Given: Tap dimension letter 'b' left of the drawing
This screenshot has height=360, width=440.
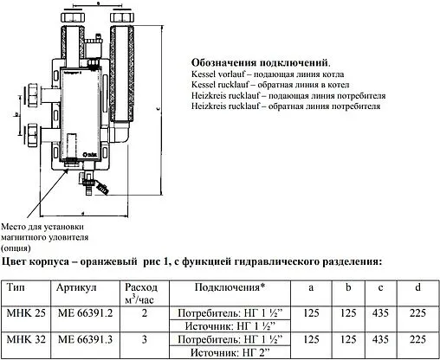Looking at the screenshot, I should point(18,113).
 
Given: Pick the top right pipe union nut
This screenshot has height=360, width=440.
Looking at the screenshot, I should point(120,17).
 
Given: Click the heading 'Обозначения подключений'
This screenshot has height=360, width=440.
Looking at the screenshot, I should point(257,64).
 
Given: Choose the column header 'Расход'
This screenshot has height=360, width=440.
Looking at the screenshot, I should point(142,286).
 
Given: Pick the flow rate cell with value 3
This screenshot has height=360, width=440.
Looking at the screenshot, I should point(142,340).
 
